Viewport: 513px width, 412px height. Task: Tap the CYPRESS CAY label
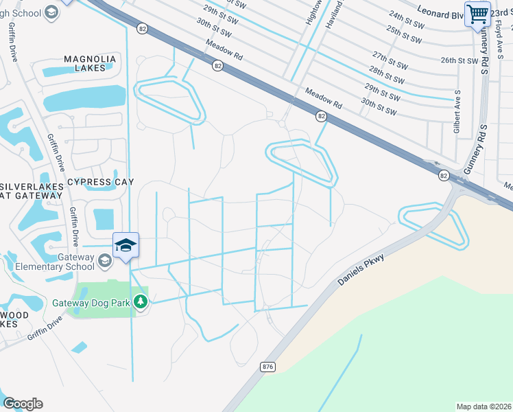[100, 182]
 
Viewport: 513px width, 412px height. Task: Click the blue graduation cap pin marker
[126, 246]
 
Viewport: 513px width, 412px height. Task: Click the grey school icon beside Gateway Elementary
[104, 260]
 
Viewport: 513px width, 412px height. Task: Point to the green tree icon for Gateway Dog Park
[141, 302]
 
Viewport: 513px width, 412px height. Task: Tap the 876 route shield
[268, 367]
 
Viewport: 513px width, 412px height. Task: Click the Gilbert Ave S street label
[456, 113]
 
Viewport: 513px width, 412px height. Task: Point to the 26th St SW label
[459, 60]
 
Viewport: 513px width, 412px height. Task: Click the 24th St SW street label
[405, 18]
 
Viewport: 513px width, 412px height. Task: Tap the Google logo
[23, 404]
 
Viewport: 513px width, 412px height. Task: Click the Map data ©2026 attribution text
[484, 407]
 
